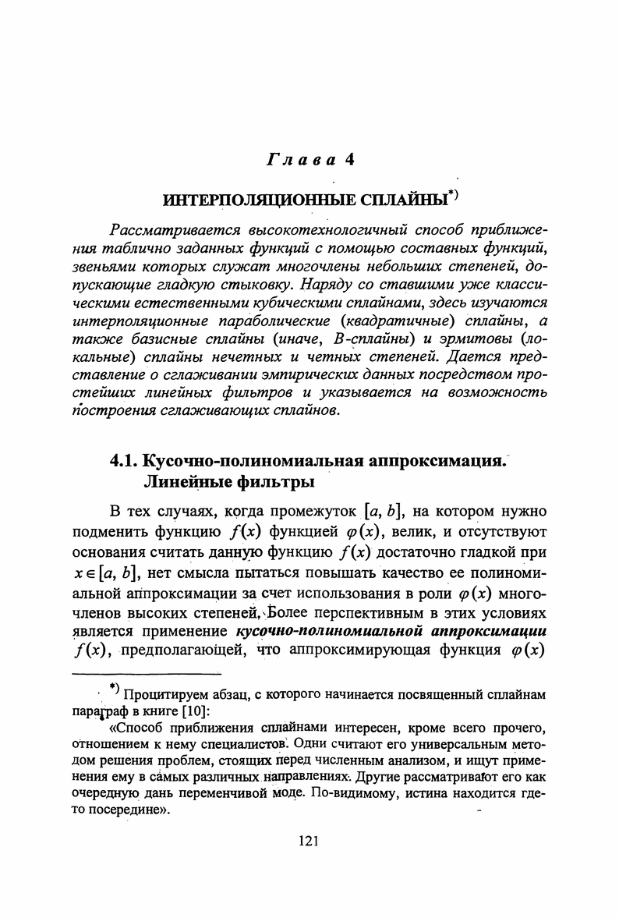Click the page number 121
(x=309, y=840)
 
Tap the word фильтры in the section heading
(x=270, y=482)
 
